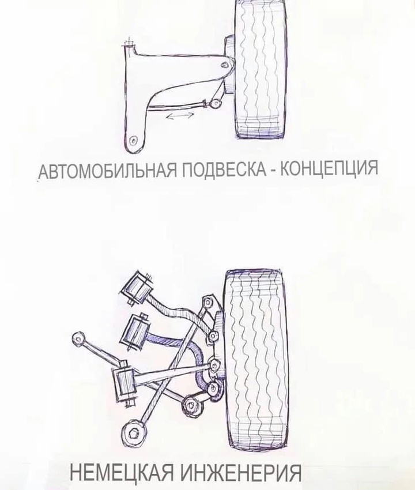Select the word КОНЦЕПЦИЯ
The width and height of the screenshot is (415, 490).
(329, 168)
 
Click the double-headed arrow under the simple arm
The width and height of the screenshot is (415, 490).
(180, 116)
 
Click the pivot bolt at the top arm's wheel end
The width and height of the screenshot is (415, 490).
(224, 65)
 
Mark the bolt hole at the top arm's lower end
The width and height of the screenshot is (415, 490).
(134, 140)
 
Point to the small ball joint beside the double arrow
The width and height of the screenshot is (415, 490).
(214, 103)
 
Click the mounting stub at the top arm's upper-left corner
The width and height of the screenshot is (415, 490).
(129, 44)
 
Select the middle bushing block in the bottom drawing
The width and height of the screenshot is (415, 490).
(135, 331)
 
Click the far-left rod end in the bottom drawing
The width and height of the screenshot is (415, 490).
(78, 338)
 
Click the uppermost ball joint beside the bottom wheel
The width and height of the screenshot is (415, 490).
(207, 302)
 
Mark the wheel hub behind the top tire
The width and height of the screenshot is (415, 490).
(230, 65)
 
